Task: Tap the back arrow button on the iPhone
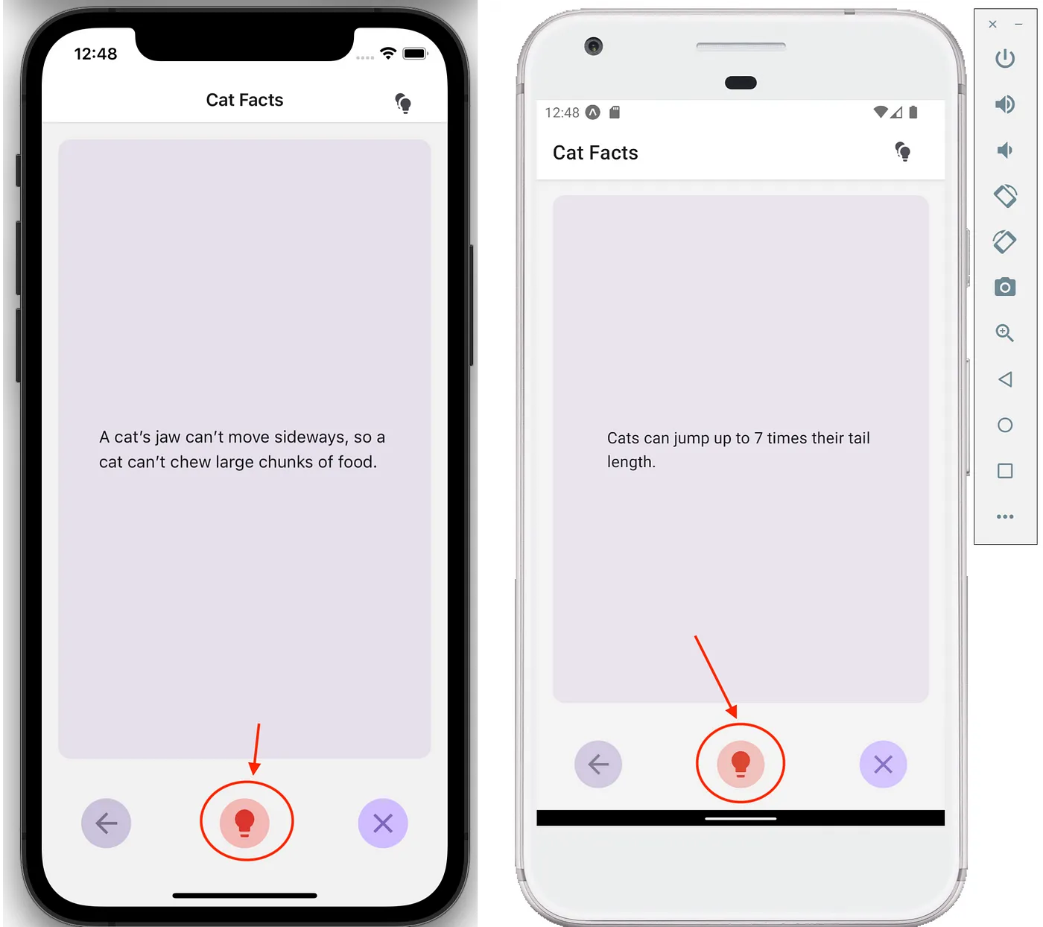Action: (x=106, y=823)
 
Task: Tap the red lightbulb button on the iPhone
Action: (x=244, y=823)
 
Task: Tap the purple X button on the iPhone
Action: (x=383, y=823)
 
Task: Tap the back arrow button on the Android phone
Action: (x=598, y=765)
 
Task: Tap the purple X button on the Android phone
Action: (x=884, y=765)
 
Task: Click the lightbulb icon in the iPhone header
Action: (x=403, y=103)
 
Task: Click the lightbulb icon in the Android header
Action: (x=903, y=152)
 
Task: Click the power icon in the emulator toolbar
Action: (x=1005, y=58)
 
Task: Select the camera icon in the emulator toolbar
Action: (x=1005, y=287)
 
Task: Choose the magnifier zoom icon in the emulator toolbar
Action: (x=1005, y=333)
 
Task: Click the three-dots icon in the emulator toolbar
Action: (x=1005, y=516)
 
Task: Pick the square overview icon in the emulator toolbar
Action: (x=1005, y=471)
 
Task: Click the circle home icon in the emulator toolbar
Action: (x=1005, y=425)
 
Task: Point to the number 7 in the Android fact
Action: (x=758, y=438)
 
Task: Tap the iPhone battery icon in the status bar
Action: (x=415, y=54)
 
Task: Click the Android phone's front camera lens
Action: (x=594, y=46)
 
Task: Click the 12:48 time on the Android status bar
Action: (x=562, y=113)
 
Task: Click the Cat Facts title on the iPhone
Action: (x=244, y=100)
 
